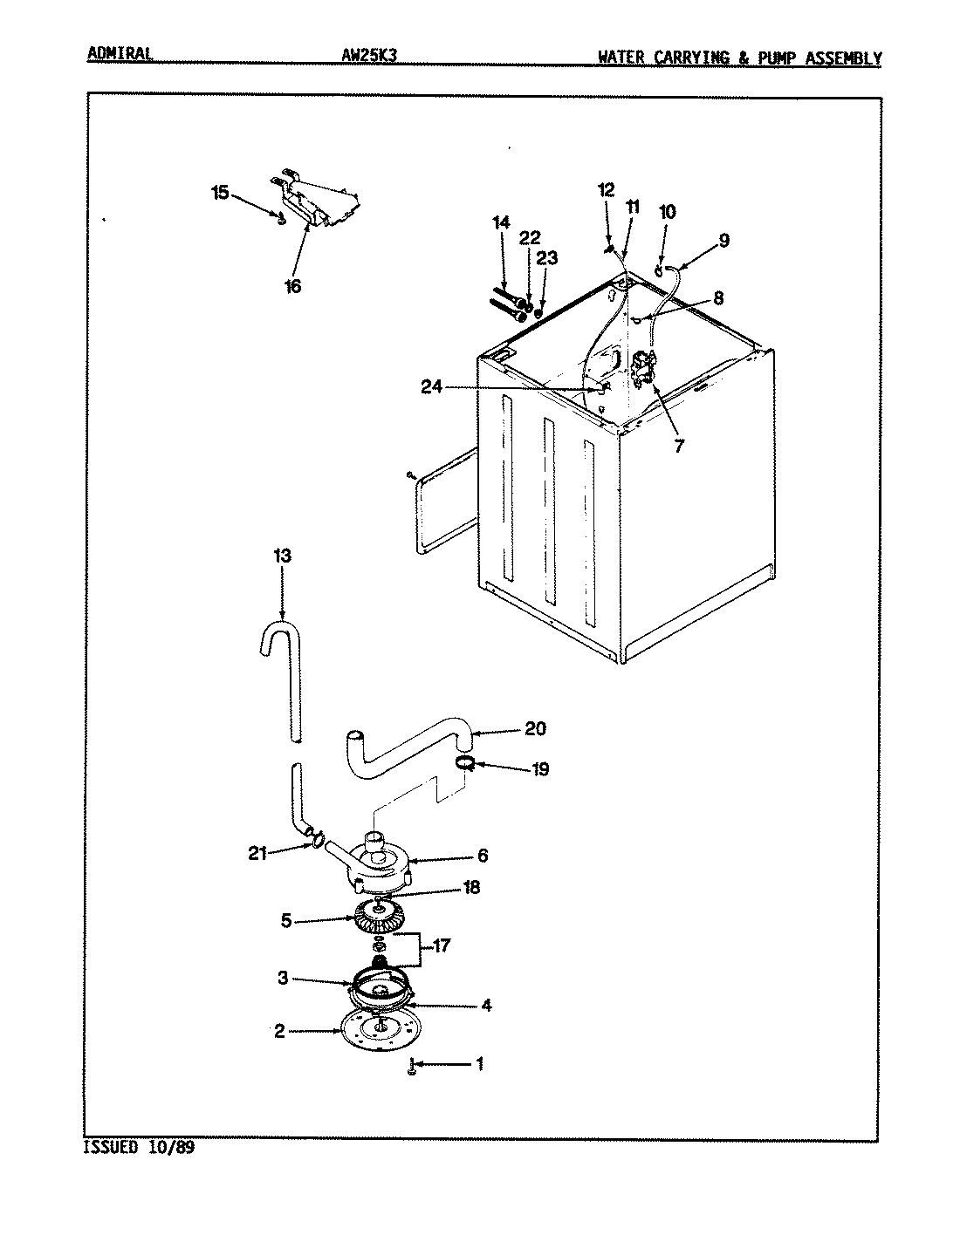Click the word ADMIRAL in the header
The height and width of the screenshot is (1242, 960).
point(120,54)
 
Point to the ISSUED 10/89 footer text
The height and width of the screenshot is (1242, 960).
point(138,1148)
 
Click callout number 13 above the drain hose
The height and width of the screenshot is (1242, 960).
point(282,556)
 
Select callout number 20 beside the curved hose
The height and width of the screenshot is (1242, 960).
point(536,729)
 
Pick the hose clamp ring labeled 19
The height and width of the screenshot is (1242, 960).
point(465,764)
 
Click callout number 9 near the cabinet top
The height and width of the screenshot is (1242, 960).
point(724,241)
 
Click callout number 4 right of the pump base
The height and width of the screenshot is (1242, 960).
point(486,1005)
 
